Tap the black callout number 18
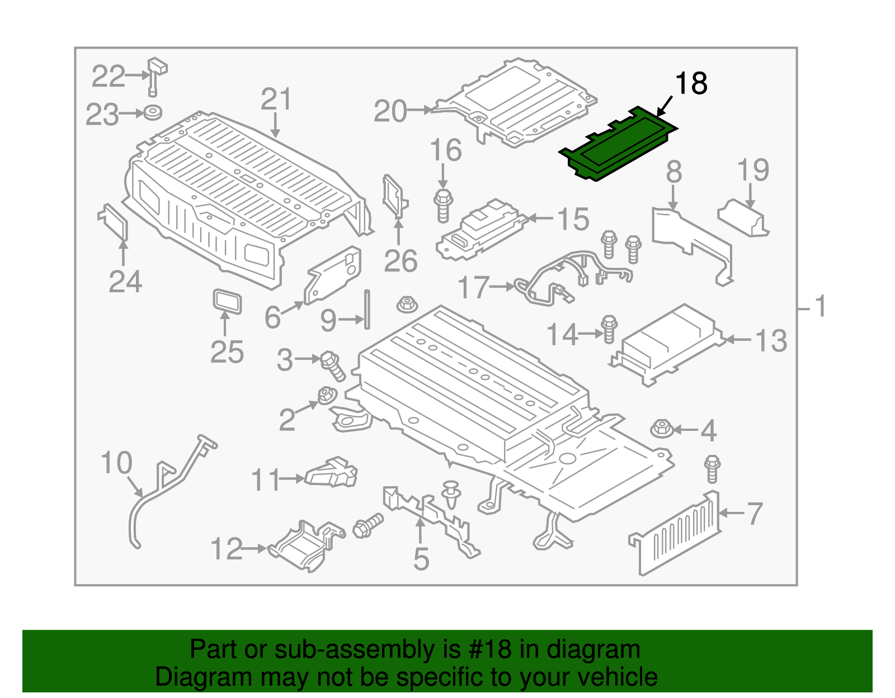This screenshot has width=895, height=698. (x=691, y=84)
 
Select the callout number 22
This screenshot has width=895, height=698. (x=108, y=77)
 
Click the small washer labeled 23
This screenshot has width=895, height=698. (x=152, y=112)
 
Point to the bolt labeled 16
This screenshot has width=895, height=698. (x=443, y=206)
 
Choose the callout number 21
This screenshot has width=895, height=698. (x=276, y=99)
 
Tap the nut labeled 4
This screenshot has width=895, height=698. (x=662, y=429)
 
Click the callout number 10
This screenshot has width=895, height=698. (x=116, y=463)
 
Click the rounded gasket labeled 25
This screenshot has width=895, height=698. (x=228, y=302)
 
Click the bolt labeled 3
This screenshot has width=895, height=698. (x=332, y=365)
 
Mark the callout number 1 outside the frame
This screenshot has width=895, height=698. (x=820, y=307)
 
